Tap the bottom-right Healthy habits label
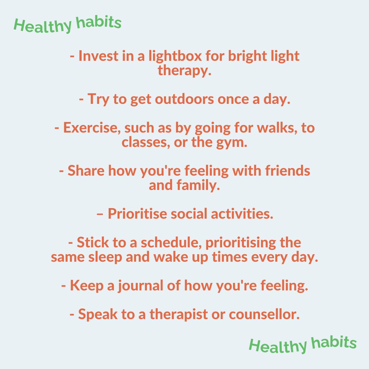[x=302, y=344]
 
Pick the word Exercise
[x=91, y=128]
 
